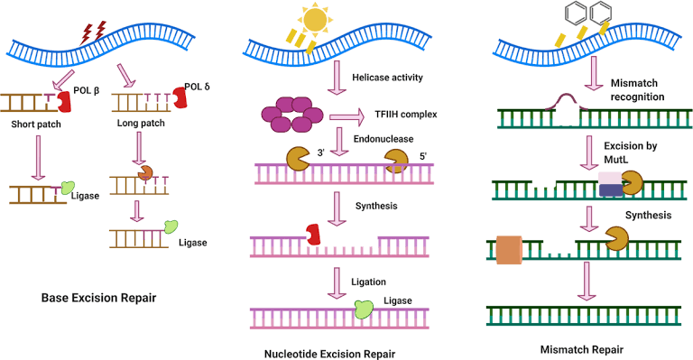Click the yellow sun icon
(x=319, y=20)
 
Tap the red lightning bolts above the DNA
(x=93, y=32)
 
